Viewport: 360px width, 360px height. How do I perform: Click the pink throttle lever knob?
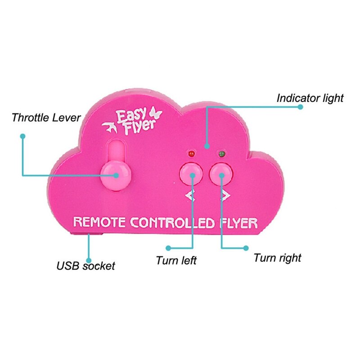point(115,175)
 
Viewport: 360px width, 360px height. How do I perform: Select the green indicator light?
point(221,154)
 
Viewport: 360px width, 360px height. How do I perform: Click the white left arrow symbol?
point(191,195)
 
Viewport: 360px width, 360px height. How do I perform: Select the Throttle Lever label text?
point(46,118)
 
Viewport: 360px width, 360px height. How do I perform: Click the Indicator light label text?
point(310,98)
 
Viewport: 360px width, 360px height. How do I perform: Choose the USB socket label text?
point(85,265)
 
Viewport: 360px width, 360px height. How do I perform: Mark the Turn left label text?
point(176,261)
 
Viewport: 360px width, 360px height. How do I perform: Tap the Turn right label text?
point(277,258)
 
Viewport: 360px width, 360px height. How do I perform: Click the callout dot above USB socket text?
point(89,260)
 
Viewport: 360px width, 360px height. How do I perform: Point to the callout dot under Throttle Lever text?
point(22,135)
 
